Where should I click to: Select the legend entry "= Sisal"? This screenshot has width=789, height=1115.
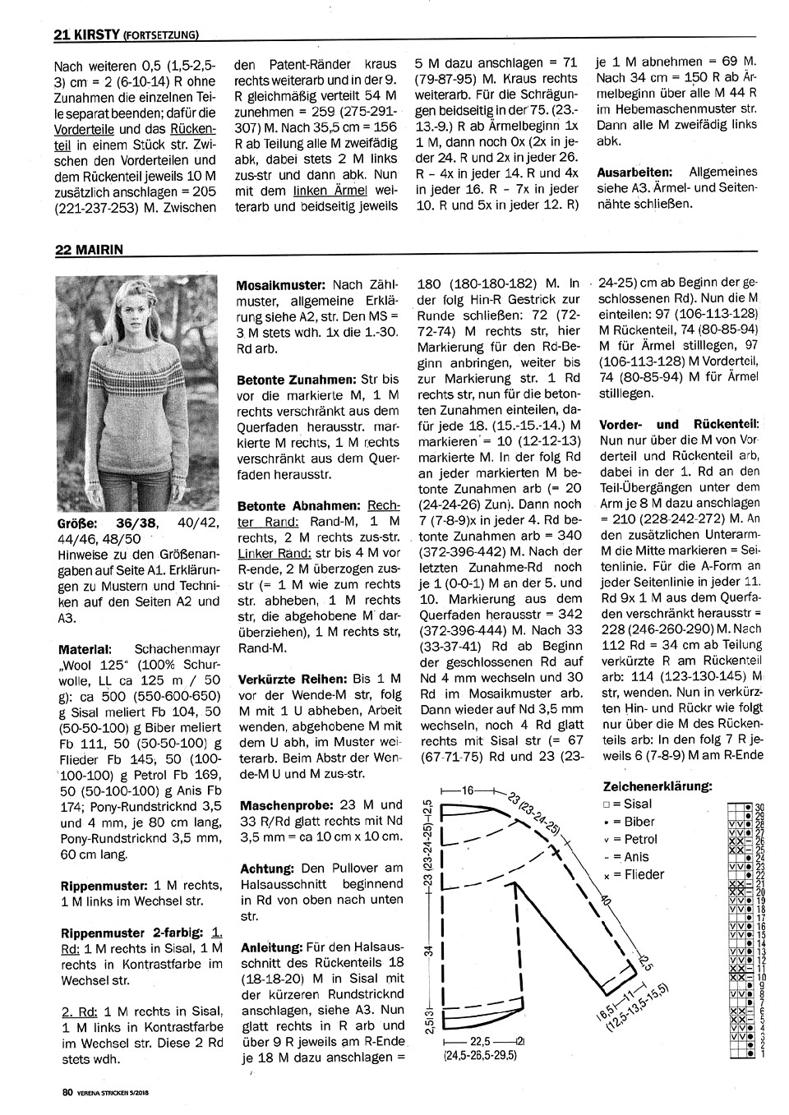pos(630,804)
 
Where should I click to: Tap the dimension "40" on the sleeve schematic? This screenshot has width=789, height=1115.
pos(607,904)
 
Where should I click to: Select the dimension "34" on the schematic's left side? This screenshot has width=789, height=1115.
pos(427,951)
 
